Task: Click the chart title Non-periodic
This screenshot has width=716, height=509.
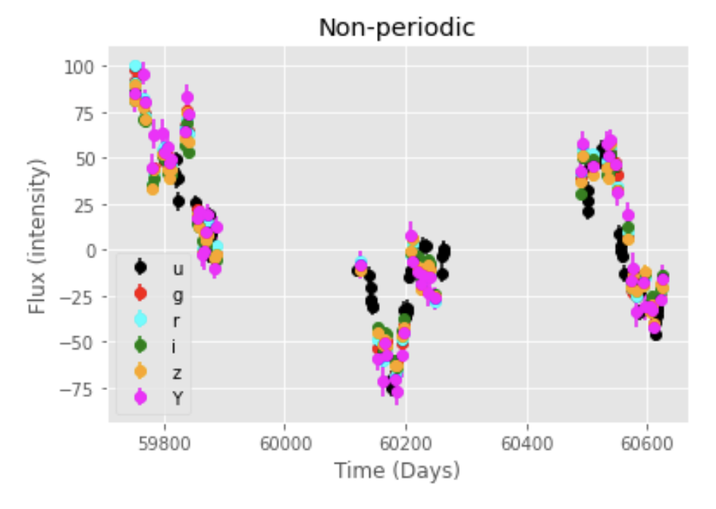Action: click(396, 28)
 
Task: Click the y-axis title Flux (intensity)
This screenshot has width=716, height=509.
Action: click(36, 236)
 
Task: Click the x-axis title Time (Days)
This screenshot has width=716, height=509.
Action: click(397, 470)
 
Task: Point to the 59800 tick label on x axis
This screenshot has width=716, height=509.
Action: click(164, 440)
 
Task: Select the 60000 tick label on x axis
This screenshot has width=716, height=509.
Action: click(284, 440)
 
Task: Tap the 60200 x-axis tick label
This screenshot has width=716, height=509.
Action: click(406, 440)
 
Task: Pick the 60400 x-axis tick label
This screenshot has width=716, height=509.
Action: click(526, 440)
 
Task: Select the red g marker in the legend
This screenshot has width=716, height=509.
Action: click(140, 293)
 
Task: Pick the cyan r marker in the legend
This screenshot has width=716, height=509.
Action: click(140, 319)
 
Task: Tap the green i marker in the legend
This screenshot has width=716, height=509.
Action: click(140, 345)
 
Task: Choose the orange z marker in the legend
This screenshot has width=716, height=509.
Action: click(140, 372)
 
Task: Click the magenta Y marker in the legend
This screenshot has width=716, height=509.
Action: click(140, 398)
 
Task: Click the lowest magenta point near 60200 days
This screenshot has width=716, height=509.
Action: click(397, 392)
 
